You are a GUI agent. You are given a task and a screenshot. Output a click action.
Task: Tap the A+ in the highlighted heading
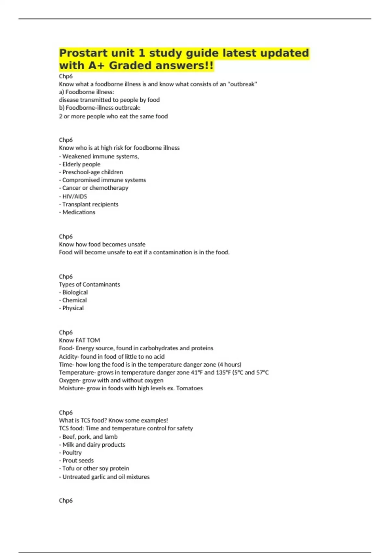coord(97,66)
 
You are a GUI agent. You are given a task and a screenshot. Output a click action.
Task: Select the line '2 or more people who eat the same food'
coord(113,116)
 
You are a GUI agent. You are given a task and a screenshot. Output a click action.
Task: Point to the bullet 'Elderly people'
coord(81,164)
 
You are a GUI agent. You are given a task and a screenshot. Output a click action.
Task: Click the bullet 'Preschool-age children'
coord(92,172)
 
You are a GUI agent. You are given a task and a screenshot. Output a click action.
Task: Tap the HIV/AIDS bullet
coord(74,196)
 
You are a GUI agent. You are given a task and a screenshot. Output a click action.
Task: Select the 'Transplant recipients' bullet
coord(90,204)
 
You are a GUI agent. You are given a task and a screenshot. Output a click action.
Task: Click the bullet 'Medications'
coord(79,212)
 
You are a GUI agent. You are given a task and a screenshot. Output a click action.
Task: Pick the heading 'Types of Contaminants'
coord(89,284)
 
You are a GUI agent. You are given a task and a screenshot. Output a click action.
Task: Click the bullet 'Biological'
coord(75,292)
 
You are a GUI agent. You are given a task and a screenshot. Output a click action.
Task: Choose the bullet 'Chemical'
coord(74,300)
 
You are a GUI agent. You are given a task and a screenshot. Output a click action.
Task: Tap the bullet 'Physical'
coord(73,308)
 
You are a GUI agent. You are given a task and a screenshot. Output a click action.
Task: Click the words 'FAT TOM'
coord(88,340)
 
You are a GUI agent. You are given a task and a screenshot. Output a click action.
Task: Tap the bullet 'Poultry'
coord(72,452)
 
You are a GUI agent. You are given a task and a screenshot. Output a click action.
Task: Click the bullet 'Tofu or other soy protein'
coord(96,468)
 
